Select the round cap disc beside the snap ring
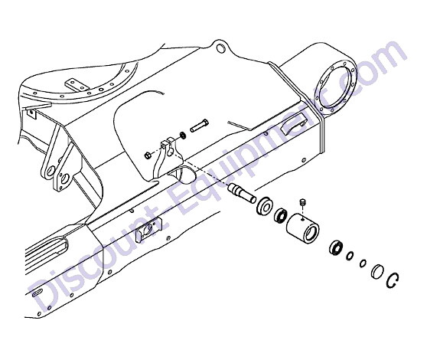pyautogui.click(x=377, y=272)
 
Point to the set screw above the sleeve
pyautogui.click(x=302, y=202)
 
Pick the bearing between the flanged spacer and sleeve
pyautogui.click(x=280, y=216)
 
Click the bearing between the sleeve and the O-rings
pyautogui.click(x=336, y=248)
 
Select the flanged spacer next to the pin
pyautogui.click(x=264, y=206)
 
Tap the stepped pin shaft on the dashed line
pyautogui.click(x=242, y=193)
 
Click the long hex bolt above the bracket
pyautogui.click(x=200, y=126)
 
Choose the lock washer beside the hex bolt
pyautogui.click(x=183, y=135)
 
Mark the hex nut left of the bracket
pyautogui.click(x=148, y=155)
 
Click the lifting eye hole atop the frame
pyautogui.click(x=221, y=48)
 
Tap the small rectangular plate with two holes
pyautogui.click(x=76, y=84)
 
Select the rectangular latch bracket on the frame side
pyautogui.click(x=145, y=231)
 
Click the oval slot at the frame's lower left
pyautogui.click(x=37, y=293)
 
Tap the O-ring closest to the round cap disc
pyautogui.click(x=363, y=263)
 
